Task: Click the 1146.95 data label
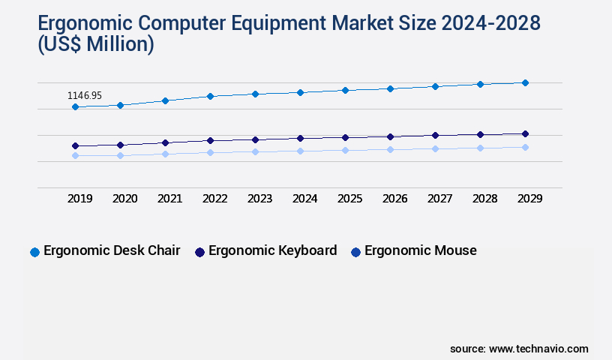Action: tap(85, 96)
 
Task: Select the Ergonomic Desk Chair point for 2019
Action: tap(75, 107)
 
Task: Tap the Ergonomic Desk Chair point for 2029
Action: tap(525, 82)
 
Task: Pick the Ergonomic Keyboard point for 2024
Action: tap(300, 138)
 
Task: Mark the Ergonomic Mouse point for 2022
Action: tap(210, 152)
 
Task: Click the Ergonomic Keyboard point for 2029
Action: tap(525, 133)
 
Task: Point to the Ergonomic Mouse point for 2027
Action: tap(435, 148)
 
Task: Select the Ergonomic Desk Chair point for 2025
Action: tap(345, 90)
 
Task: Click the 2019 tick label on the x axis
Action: tap(80, 199)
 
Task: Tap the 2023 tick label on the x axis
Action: tap(260, 199)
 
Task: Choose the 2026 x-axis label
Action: tap(395, 199)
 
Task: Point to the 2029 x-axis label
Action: tap(529, 199)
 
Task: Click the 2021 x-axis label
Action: tap(170, 199)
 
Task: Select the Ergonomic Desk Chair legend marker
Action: tap(34, 252)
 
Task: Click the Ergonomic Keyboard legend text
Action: tap(272, 250)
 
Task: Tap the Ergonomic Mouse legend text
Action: tap(420, 250)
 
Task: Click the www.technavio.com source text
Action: tap(538, 349)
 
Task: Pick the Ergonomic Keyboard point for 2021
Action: tap(165, 142)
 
